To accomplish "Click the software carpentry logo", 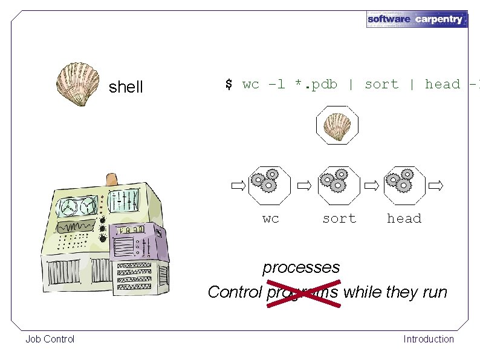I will pos(417,19).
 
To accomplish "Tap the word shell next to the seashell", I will pos(126,87).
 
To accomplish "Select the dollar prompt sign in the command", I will pos(229,84).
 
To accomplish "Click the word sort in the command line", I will pos(381,84).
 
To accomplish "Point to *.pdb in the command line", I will pos(316,84).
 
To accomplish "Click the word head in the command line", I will pos(442,84).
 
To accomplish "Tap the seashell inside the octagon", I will pos(337,125).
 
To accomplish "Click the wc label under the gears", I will pos(271,218).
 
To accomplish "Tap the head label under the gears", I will pos(404,218).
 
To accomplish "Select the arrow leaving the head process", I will pos(435,185).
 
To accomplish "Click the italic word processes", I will pos(301,267).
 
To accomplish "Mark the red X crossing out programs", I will pos(302,292).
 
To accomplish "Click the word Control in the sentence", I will pos(235,292).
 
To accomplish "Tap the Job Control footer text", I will pos(50,339).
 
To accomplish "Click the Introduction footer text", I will pos(429,339).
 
